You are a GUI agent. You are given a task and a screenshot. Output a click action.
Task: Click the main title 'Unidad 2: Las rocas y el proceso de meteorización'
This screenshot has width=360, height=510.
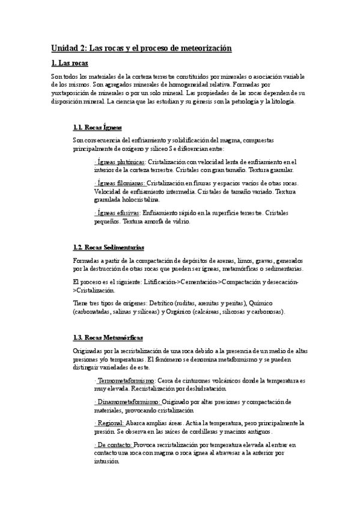pos(141,48)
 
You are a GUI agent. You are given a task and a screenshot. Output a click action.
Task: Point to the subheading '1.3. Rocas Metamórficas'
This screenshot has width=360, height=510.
pos(107,339)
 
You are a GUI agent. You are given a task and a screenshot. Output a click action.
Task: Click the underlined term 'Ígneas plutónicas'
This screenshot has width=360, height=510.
pos(120,162)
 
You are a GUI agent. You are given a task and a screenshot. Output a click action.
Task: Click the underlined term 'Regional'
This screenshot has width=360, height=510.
pos(108,423)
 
